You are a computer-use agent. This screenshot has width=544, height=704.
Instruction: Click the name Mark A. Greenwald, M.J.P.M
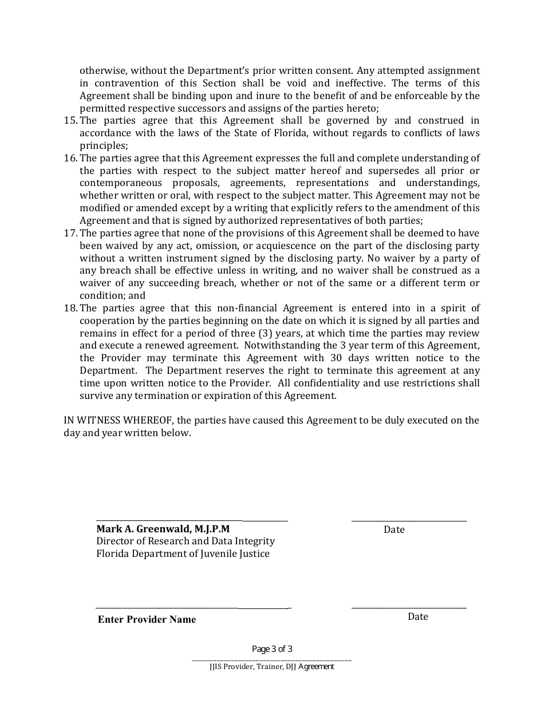(x=163, y=529)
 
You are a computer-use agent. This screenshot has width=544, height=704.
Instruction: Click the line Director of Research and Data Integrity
(x=186, y=541)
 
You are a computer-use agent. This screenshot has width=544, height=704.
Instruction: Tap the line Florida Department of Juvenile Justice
(x=183, y=553)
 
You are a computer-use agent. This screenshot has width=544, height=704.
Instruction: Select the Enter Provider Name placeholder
(x=147, y=619)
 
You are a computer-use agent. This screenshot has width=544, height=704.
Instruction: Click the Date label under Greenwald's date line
(x=394, y=529)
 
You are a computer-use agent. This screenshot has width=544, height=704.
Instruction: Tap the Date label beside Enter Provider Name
(x=418, y=616)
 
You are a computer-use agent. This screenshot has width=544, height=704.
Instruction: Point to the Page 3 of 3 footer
(x=272, y=649)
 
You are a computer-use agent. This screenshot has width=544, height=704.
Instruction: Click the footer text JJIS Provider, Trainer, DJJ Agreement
(x=272, y=666)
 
